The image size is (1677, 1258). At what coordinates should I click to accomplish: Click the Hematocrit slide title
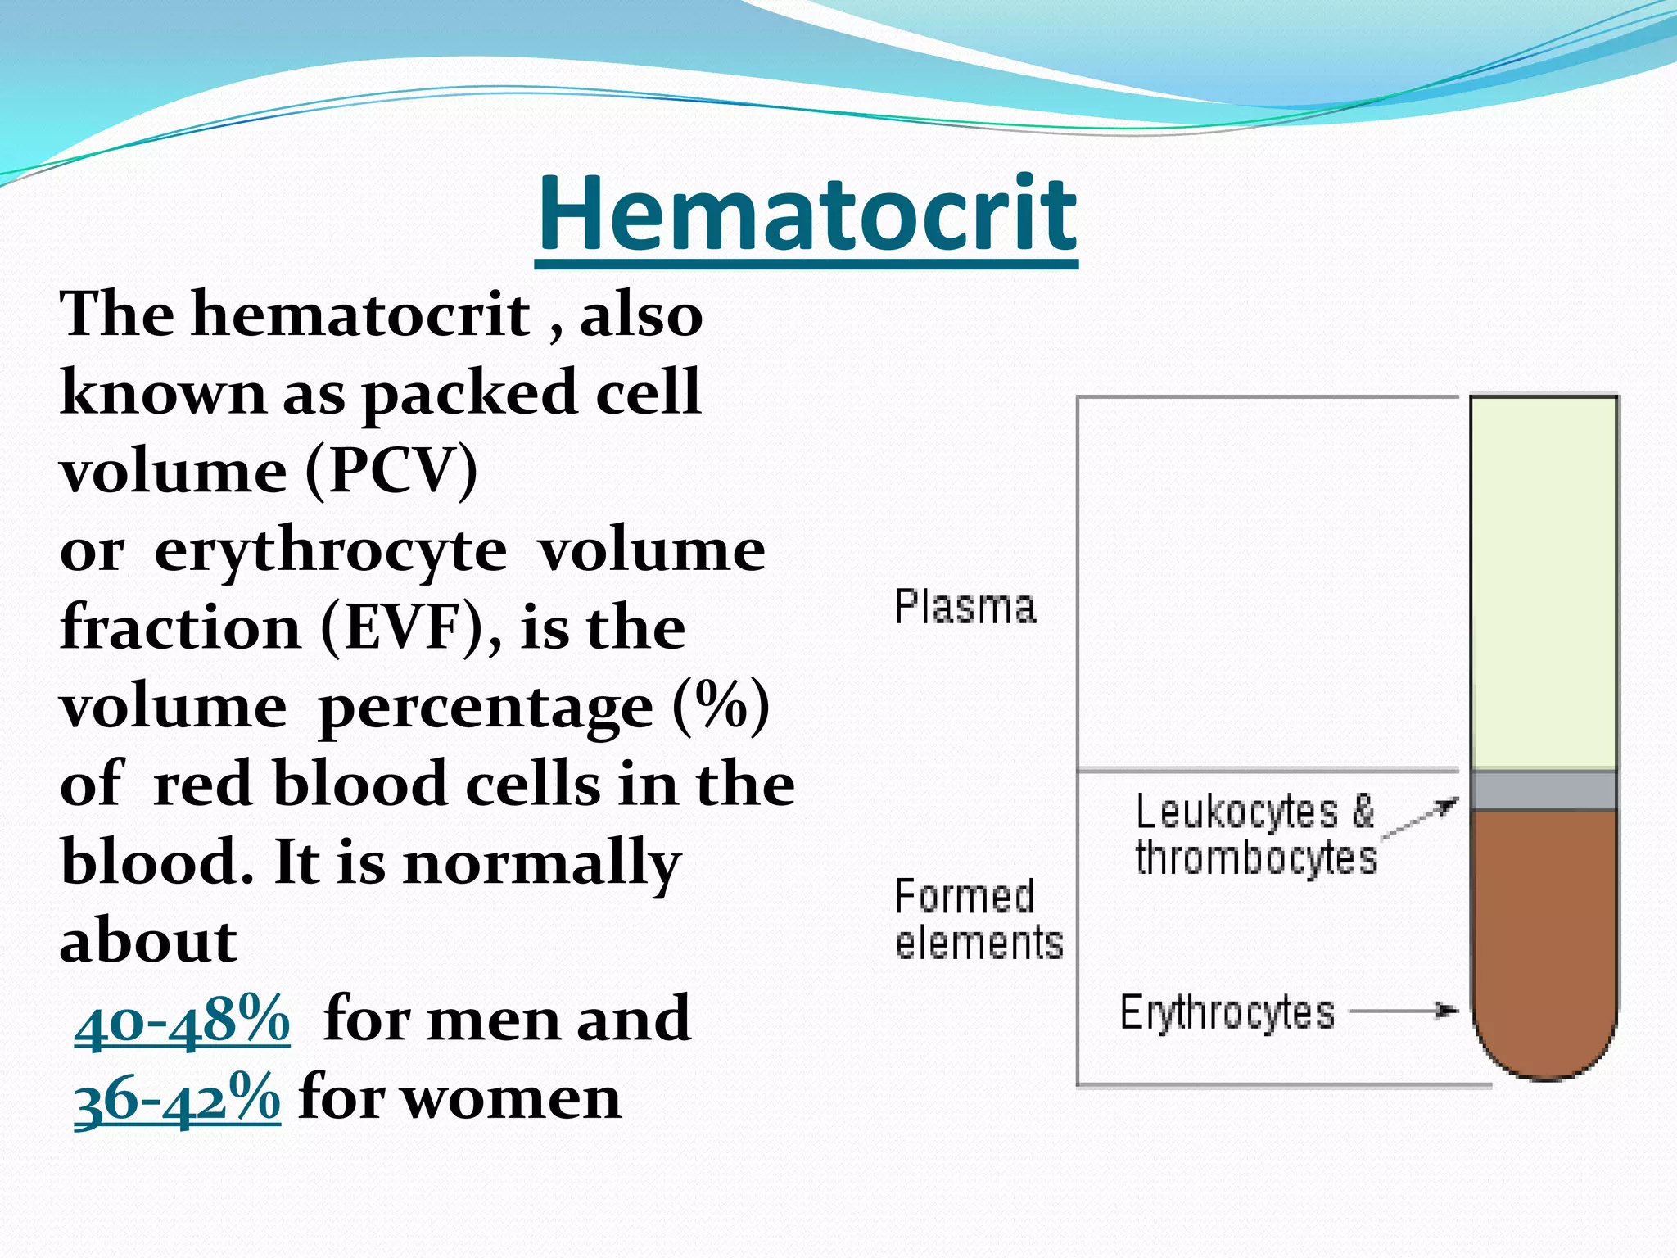(807, 215)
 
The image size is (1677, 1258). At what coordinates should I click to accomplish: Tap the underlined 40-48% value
(182, 1019)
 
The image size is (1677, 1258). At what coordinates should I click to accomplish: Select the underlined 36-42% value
(177, 1097)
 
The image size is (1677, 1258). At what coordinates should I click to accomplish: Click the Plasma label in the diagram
(965, 607)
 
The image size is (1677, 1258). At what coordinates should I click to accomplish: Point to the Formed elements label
(978, 919)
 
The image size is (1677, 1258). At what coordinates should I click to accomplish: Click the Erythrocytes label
(1227, 1012)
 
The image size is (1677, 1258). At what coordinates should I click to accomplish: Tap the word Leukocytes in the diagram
(1236, 812)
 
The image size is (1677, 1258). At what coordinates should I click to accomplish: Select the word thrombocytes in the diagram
(1256, 858)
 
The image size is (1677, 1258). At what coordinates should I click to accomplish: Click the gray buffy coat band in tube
(1544, 790)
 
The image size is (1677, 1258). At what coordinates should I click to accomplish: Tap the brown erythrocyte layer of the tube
(1544, 942)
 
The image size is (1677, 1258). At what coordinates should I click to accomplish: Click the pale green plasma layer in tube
(1544, 581)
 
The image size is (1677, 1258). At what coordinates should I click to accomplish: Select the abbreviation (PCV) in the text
(391, 471)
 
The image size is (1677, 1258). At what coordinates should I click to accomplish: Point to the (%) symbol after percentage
(721, 705)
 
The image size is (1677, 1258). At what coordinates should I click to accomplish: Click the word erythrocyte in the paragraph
(331, 550)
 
